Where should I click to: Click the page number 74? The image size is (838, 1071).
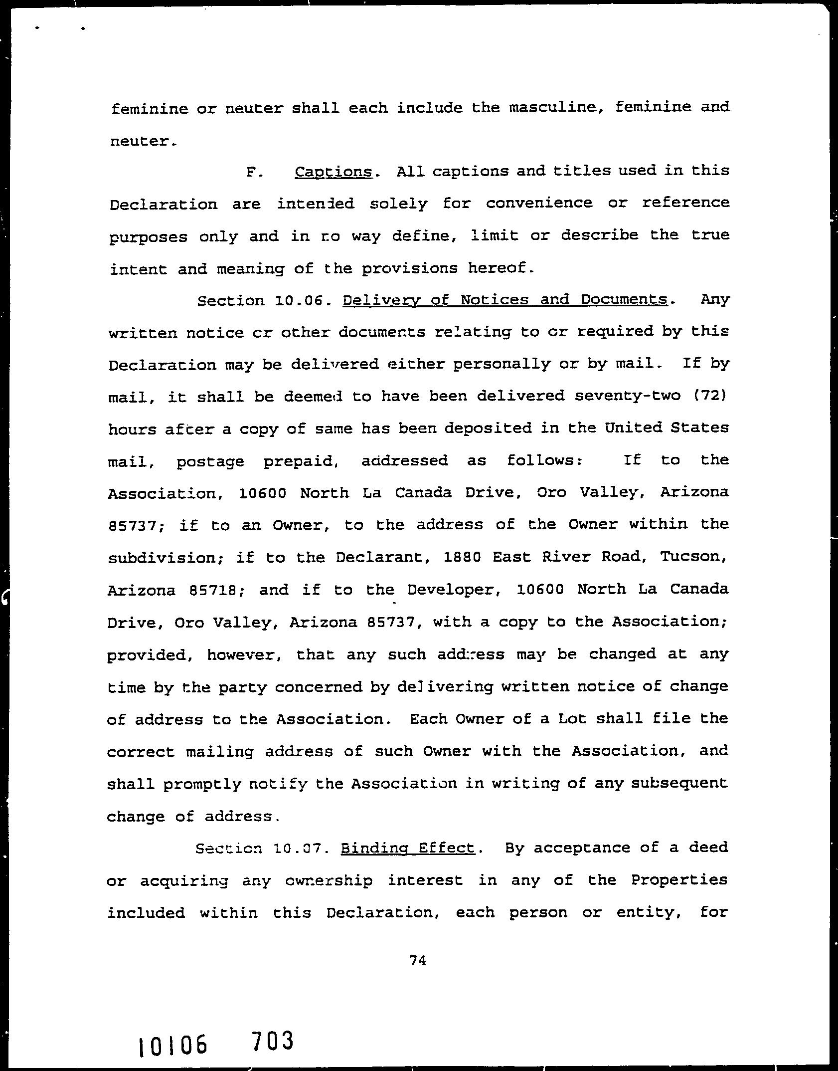point(417,960)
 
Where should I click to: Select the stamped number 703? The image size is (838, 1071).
point(272,1041)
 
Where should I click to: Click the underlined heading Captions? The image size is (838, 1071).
point(334,172)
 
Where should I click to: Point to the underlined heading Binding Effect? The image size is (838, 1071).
point(407,848)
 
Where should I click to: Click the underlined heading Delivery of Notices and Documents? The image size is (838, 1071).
point(505,300)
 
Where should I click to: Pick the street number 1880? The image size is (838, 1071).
point(462,557)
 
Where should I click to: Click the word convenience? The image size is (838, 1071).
point(539,204)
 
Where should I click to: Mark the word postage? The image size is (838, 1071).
point(210,461)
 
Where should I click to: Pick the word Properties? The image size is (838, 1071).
point(679,880)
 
